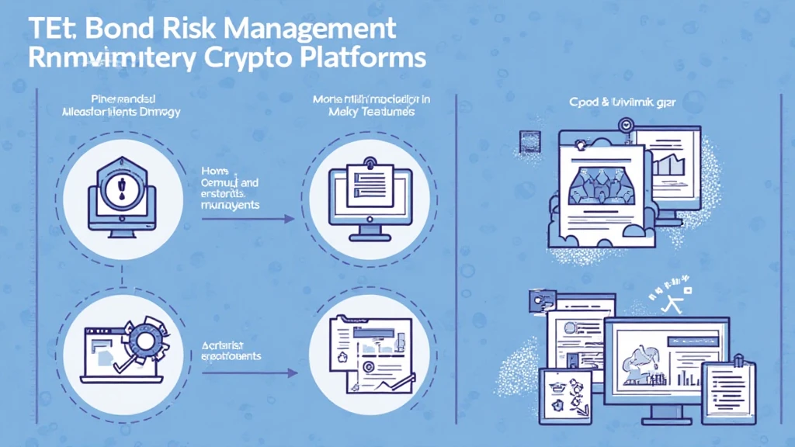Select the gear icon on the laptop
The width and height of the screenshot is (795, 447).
pos(142,340)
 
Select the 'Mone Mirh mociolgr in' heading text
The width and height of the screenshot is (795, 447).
pos(361,99)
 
